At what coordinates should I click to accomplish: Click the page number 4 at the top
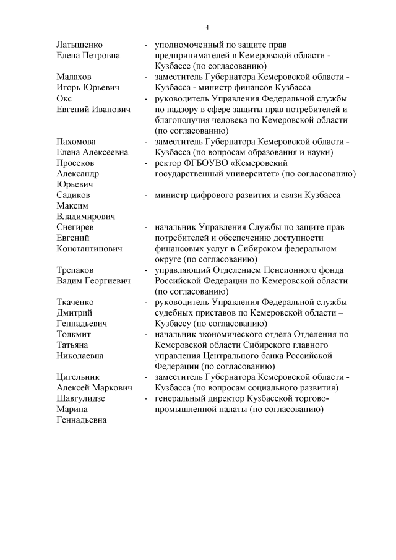(x=207, y=27)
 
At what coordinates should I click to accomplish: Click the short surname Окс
(x=64, y=98)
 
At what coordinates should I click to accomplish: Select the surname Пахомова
(x=77, y=142)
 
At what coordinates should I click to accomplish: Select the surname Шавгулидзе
(x=80, y=398)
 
